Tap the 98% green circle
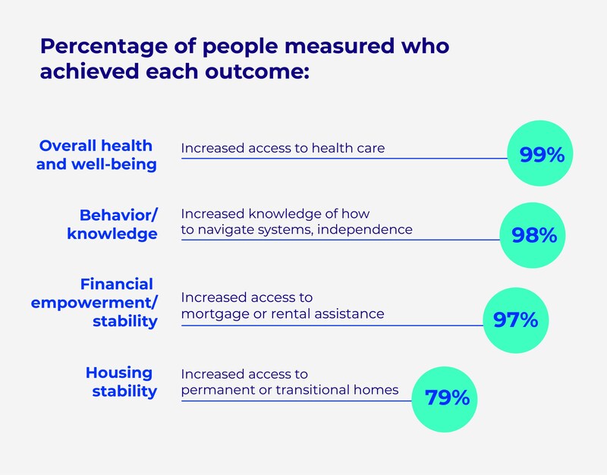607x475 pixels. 533,235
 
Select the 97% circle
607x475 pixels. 515,319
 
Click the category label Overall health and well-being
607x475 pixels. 96,154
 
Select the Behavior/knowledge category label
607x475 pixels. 112,224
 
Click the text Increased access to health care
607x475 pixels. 283,148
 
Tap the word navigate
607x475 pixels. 228,229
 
